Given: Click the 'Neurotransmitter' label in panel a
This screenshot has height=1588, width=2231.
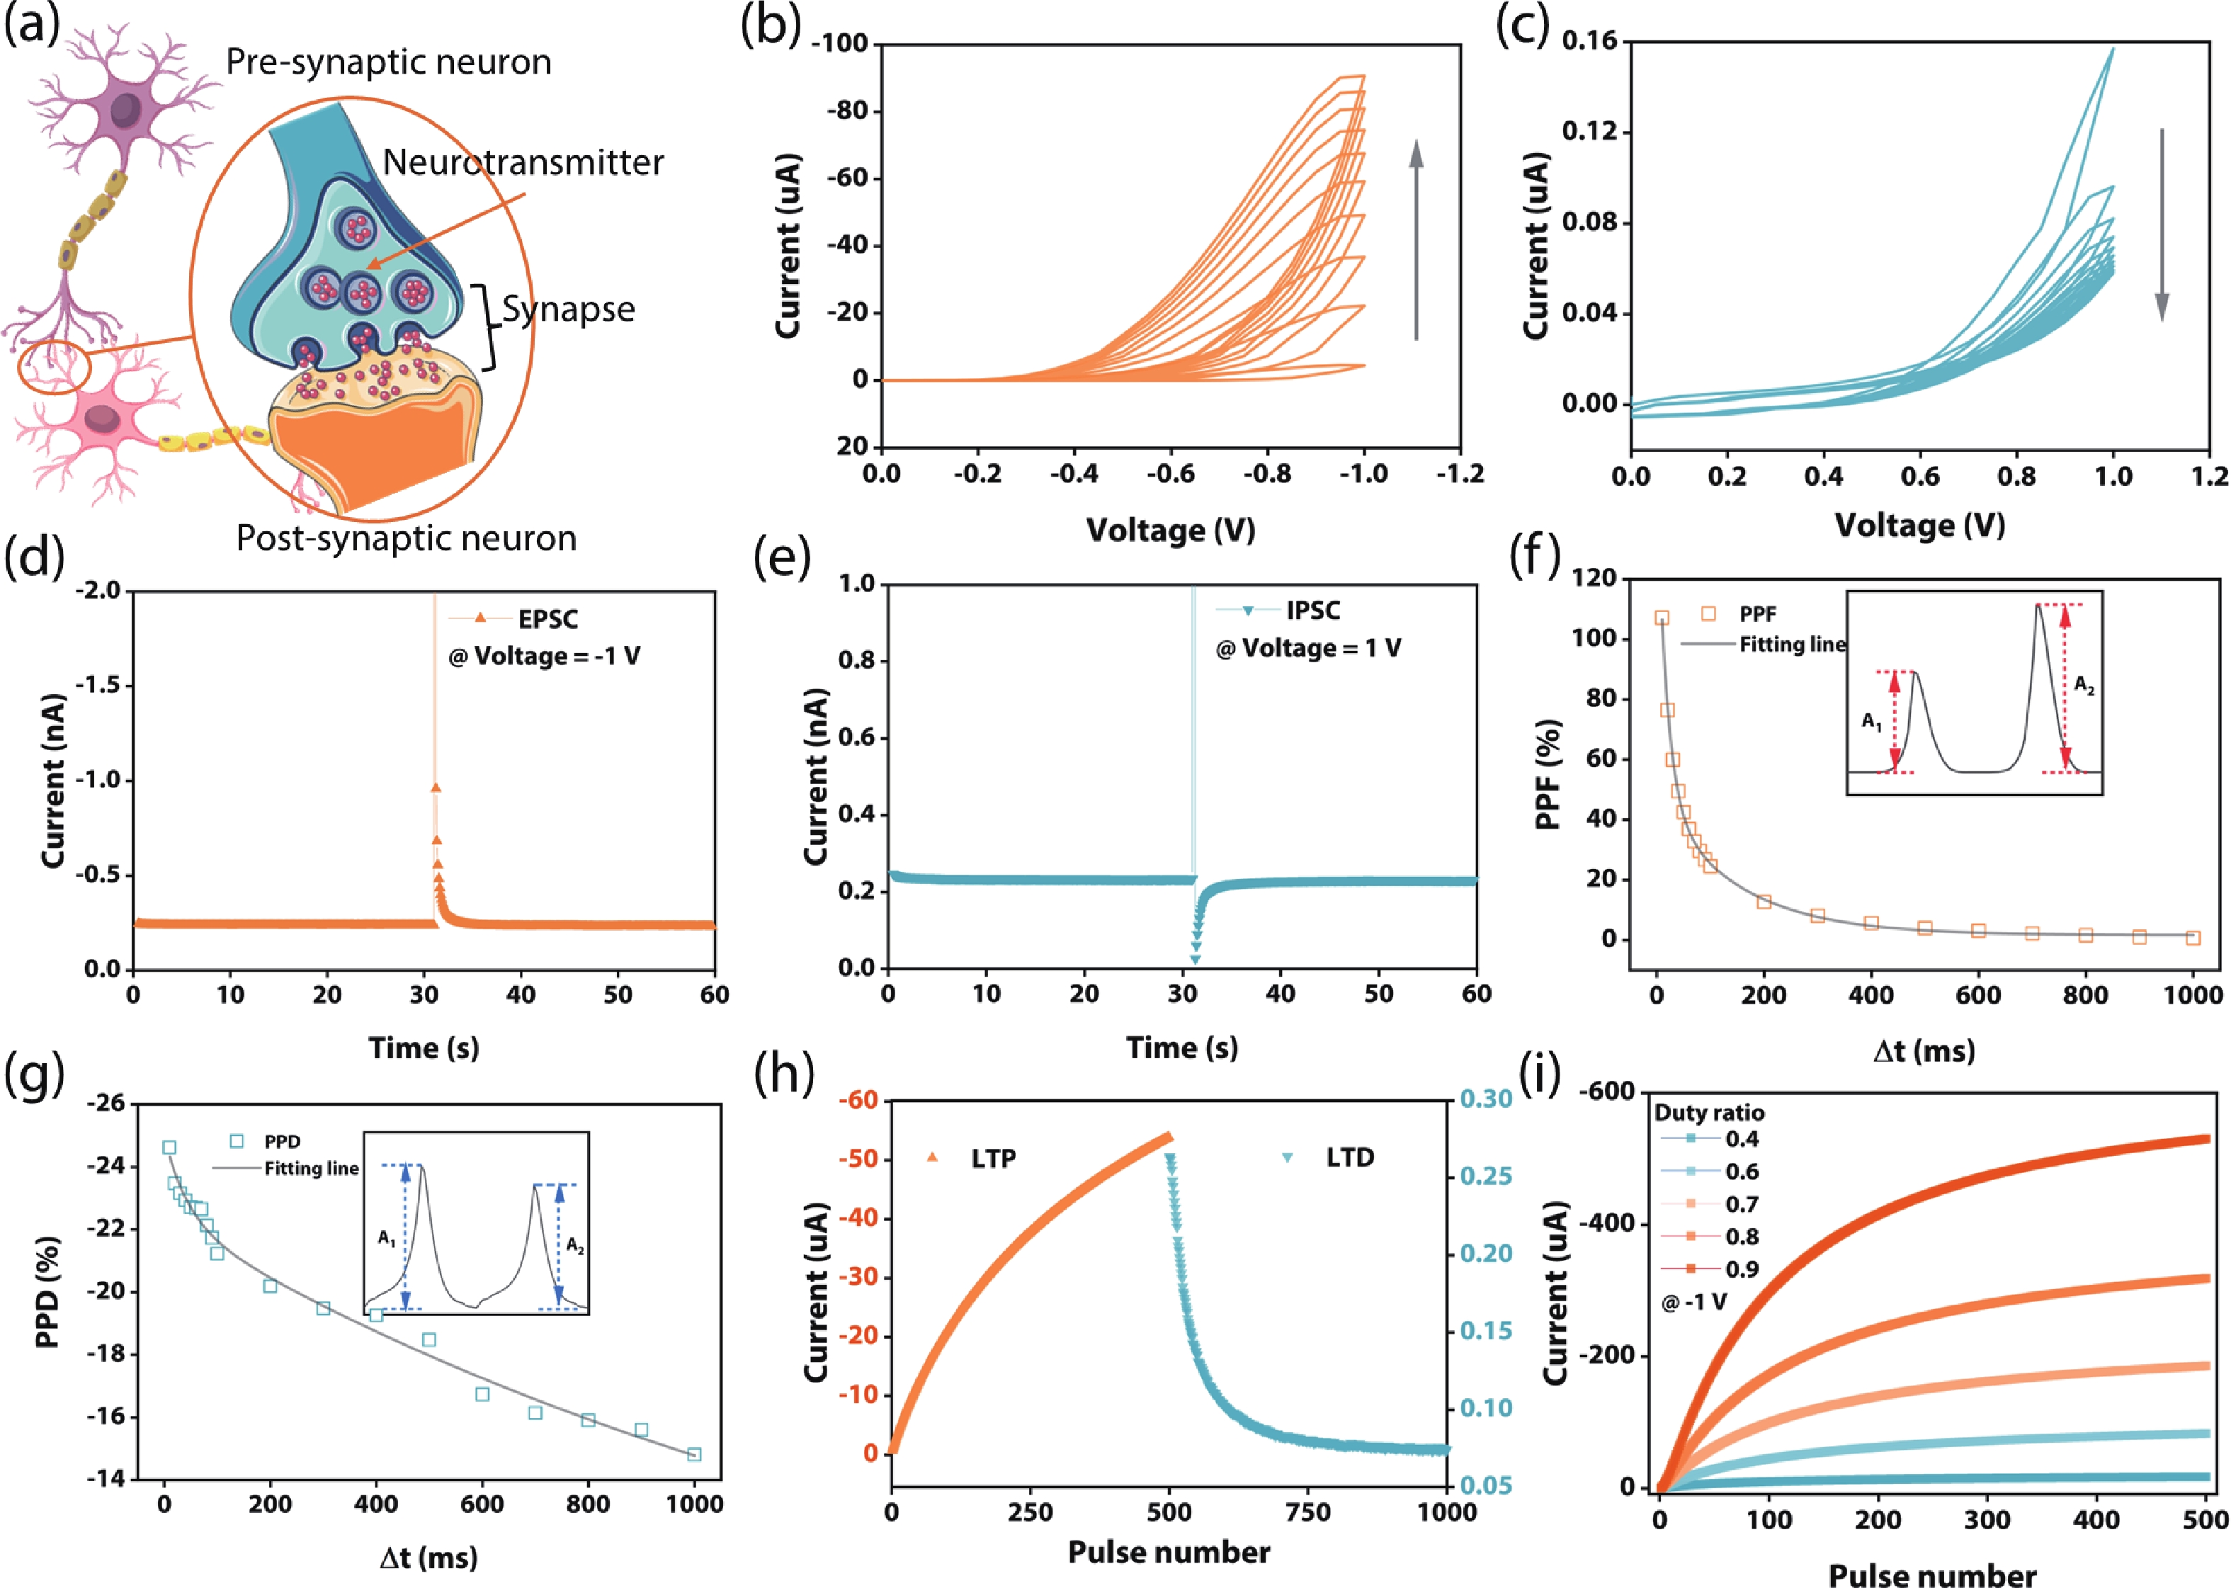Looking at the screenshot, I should tap(522, 162).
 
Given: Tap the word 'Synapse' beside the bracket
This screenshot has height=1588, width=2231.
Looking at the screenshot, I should tap(568, 310).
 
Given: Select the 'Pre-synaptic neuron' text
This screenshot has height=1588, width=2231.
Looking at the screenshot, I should tap(388, 62).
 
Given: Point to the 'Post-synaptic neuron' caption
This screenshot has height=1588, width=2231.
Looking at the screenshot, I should tap(406, 539).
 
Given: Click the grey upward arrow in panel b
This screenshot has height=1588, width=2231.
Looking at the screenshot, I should tap(1416, 239).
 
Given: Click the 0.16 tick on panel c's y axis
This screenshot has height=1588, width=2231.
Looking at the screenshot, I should tap(1589, 41).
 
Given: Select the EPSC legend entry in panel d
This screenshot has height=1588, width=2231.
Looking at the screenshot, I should tap(547, 619).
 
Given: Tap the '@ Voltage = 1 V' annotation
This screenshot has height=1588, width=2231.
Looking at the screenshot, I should tap(1308, 648).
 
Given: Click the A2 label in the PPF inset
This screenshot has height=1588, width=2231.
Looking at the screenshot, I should tap(2084, 686).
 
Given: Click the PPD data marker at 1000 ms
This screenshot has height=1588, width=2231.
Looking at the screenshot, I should tap(694, 1454).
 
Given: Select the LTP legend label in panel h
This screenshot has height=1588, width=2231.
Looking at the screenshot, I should tap(992, 1159).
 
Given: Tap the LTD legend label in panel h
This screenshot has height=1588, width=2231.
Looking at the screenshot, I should tap(1349, 1158).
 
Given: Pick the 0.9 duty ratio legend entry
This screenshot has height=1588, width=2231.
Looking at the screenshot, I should tap(1741, 1269).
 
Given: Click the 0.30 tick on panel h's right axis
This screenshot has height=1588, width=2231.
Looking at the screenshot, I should tap(1486, 1099).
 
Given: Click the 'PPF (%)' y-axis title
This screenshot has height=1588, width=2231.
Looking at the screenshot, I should tap(1547, 774).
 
